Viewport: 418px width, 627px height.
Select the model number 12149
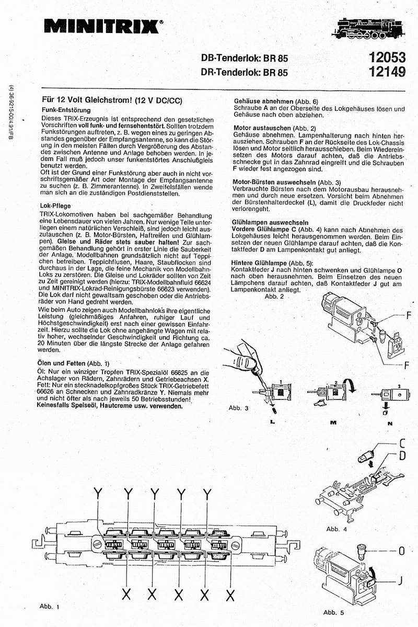(384, 73)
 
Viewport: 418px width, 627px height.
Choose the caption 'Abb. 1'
(50, 607)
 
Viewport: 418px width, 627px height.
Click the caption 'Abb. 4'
(336, 529)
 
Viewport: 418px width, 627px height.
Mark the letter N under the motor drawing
(389, 423)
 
